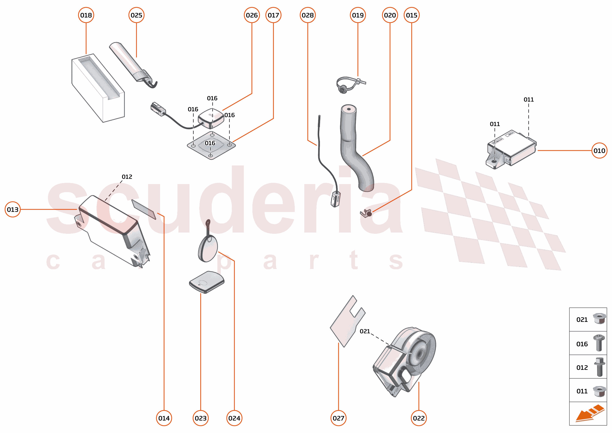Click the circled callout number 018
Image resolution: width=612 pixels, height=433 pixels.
tap(86, 15)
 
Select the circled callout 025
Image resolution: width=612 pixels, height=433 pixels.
tap(136, 15)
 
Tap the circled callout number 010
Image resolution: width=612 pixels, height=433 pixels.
tap(599, 151)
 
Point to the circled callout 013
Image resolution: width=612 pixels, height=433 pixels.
tap(12, 209)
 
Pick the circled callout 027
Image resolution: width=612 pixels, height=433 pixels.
tap(338, 418)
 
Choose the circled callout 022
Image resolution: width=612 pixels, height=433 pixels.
tap(418, 418)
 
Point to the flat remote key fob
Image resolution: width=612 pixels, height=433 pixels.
tap(207, 282)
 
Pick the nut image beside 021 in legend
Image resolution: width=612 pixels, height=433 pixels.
tap(599, 319)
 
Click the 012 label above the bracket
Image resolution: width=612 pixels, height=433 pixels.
tap(127, 177)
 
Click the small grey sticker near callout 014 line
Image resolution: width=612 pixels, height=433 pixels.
tap(144, 210)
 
